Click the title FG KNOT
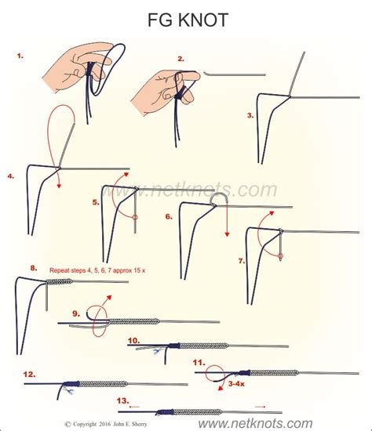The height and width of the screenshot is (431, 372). point(186,20)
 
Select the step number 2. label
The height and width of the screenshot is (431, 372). point(181,58)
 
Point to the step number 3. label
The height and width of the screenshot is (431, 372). point(250,115)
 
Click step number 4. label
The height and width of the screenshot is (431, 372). point(11,176)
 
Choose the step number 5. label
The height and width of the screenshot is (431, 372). point(96,201)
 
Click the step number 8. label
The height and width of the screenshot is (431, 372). point(33,267)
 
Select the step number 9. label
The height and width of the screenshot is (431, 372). point(76,313)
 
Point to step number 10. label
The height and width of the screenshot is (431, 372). point(134,339)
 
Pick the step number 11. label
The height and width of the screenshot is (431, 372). point(199,362)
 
